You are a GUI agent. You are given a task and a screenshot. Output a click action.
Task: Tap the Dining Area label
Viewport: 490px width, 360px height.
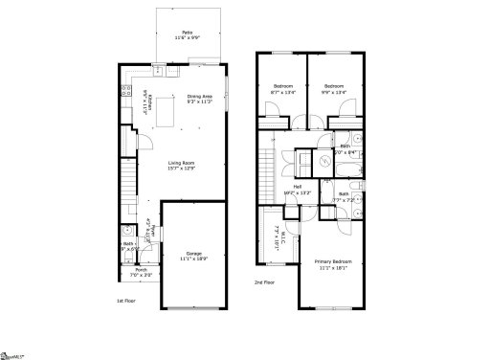pos(200,97)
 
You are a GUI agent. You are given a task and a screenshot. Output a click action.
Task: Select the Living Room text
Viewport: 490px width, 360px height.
pos(182,164)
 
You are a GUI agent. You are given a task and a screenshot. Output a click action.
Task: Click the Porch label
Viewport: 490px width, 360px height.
pos(141,269)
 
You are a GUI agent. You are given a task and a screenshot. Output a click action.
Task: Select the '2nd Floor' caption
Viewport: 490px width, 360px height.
pos(265,281)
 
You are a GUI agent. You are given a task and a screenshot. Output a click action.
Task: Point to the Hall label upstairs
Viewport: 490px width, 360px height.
pos(298,187)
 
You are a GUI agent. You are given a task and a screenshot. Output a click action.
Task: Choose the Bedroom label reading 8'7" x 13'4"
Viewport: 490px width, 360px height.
pos(283,86)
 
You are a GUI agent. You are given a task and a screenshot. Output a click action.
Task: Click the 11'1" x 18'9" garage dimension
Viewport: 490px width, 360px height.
pos(194,259)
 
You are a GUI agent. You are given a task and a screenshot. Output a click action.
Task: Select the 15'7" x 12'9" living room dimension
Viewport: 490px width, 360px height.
pos(182,169)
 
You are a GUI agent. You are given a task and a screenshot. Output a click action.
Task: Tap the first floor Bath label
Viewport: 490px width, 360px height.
pos(127,243)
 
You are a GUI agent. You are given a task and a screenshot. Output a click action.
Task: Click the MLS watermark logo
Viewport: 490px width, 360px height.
pos(13,353)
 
